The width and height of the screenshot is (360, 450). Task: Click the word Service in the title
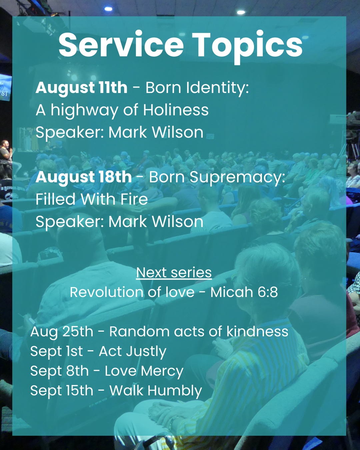click(121, 45)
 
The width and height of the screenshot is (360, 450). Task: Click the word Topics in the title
click(247, 47)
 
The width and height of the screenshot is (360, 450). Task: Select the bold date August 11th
click(81, 87)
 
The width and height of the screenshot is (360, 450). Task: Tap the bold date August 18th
click(83, 177)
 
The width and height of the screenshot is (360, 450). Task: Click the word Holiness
click(176, 110)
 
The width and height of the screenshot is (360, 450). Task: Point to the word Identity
click(218, 88)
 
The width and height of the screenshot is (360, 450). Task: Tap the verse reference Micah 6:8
click(244, 292)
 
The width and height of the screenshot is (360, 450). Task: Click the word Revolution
click(107, 292)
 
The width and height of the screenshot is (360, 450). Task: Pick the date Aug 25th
click(62, 332)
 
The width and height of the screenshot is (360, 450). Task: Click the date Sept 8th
click(59, 371)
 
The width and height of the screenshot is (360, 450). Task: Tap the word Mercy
click(162, 371)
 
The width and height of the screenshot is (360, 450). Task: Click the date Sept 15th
click(62, 391)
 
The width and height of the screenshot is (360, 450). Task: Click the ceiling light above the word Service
click(108, 9)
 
